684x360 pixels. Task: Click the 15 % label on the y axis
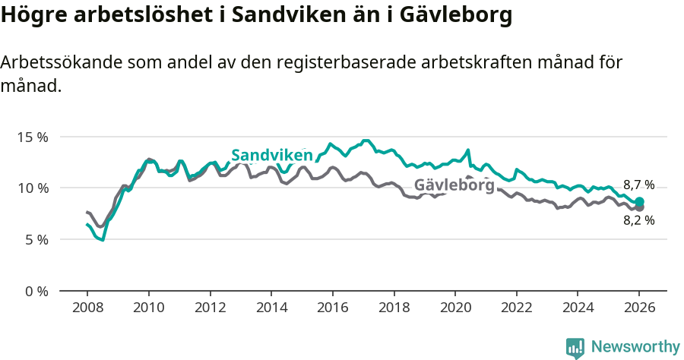33,137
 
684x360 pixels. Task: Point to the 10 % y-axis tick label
33,188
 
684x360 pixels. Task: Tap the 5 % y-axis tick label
36,239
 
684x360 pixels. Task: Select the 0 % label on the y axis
36,291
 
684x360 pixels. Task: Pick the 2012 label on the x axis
210,308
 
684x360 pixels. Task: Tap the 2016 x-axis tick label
332,308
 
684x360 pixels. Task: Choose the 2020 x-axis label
455,308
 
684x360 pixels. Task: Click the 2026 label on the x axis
639,308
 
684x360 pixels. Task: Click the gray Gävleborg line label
454,185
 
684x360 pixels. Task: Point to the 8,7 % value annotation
638,185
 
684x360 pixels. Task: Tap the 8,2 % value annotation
638,220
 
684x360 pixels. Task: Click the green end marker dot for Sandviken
639,201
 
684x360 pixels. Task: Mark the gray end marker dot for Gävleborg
639,207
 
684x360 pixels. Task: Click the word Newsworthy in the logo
635,347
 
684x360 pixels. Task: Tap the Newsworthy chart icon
575,348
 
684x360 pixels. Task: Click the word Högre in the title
31,16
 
